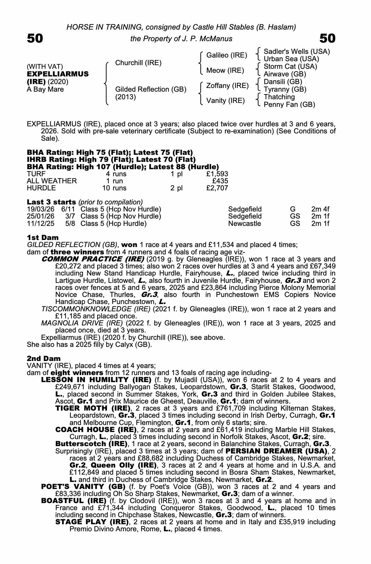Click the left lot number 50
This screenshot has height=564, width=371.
35,38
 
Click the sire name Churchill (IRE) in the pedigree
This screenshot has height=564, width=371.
138,63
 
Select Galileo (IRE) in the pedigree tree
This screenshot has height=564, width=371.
227,55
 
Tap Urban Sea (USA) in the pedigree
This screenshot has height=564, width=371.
291,59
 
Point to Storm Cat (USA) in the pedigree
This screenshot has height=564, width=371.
290,67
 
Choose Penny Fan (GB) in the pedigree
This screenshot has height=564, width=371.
289,105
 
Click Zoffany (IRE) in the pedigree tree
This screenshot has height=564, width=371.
227,85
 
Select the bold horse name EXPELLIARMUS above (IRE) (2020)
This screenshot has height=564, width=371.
58,74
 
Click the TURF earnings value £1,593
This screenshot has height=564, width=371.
217,174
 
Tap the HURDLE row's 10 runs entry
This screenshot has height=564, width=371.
115,188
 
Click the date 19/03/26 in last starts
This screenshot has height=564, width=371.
41,209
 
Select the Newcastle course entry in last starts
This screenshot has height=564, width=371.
245,224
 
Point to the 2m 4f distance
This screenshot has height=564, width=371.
320,209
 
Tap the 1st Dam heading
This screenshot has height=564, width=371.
43,237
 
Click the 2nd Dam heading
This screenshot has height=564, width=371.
43,358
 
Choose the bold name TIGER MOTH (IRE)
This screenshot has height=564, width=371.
93,408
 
